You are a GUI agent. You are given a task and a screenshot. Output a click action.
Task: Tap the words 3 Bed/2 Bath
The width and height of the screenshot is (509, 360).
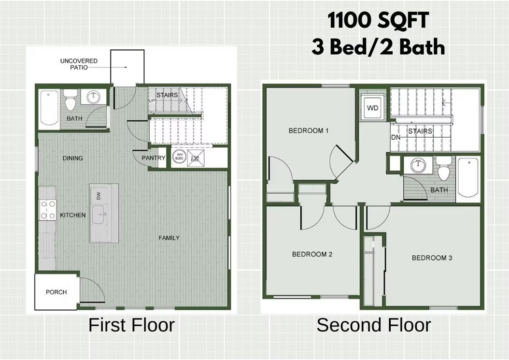coord(378,47)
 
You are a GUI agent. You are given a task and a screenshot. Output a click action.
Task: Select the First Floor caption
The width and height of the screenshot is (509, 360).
coord(131,325)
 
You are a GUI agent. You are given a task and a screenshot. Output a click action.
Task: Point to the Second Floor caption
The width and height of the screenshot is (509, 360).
coord(374,325)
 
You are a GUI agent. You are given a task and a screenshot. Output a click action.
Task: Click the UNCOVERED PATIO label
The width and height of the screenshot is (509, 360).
coord(79,64)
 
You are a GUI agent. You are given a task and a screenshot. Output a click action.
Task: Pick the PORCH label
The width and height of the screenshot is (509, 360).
coord(56,292)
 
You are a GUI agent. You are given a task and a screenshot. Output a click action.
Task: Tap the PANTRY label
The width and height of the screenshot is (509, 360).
coord(154,158)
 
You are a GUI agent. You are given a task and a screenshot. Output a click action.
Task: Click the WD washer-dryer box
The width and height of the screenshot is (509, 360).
coord(372,108)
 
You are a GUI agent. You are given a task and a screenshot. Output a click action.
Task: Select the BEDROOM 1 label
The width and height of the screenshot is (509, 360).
coord(309,130)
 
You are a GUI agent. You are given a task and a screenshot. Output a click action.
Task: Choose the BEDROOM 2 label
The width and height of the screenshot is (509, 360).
coord(312,254)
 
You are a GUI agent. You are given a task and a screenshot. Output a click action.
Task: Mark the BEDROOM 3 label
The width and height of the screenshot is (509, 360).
coord(432,258)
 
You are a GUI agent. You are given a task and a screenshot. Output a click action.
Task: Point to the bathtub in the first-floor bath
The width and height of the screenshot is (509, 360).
coord(48,109)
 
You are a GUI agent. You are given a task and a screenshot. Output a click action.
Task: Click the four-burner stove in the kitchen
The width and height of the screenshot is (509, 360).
coord(48,210)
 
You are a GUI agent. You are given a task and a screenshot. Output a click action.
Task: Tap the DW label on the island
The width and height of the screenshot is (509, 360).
coord(98,196)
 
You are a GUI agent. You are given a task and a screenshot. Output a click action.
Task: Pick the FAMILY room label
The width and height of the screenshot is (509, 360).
coord(169,238)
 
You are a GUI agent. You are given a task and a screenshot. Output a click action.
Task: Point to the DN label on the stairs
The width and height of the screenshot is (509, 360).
coord(396,137)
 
